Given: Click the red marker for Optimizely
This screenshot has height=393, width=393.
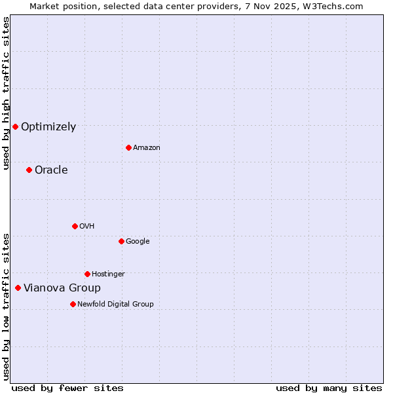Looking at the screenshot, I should tap(15, 126).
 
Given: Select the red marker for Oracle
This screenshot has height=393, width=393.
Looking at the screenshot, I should tap(29, 170).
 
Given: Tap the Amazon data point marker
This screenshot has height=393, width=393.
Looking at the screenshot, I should tap(128, 147).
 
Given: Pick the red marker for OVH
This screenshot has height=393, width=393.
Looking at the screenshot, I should tap(75, 226).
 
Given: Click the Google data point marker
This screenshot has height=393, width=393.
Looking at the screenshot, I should tap(121, 241).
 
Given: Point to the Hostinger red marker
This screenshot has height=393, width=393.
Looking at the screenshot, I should tap(87, 274).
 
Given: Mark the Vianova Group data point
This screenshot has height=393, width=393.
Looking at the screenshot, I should tap(18, 288).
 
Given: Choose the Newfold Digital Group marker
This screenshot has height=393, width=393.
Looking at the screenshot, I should tap(73, 304).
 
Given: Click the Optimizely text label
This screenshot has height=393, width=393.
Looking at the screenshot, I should tap(48, 127).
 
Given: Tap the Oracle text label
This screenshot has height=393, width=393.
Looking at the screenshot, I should tap(51, 170).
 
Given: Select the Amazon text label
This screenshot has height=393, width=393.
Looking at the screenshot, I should tap(147, 148).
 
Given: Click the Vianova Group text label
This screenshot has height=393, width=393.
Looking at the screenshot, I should tap(62, 288).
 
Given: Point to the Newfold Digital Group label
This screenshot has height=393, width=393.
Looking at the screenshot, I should tap(115, 304).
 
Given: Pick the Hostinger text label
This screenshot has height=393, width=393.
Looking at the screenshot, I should tap(108, 274).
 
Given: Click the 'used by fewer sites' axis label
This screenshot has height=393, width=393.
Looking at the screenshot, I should tap(67, 388).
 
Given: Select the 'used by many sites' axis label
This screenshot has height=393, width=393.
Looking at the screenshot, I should tap(329, 388).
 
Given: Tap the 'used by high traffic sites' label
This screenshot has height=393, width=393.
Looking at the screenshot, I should tap(6, 93).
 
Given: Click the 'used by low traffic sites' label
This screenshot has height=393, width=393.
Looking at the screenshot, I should tap(6, 307).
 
